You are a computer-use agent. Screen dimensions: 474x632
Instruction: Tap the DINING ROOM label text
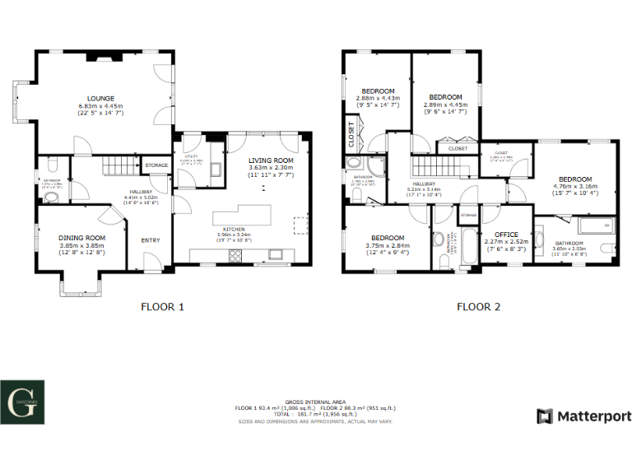pos(81,237)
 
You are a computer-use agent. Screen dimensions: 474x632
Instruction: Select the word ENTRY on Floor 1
pos(151,240)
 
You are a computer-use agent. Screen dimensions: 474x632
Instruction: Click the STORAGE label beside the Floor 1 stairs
pos(157,165)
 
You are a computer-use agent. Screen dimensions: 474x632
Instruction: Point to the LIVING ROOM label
pos(271,160)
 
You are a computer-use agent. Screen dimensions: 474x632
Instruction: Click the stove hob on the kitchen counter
pos(235,255)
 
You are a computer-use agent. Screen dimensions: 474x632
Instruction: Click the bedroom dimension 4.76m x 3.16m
pos(575,187)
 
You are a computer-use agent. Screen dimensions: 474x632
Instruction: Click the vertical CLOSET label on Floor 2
pos(351,133)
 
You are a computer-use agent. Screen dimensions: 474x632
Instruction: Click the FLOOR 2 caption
pos(478,307)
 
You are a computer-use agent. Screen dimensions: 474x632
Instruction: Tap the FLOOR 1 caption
pos(162,307)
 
